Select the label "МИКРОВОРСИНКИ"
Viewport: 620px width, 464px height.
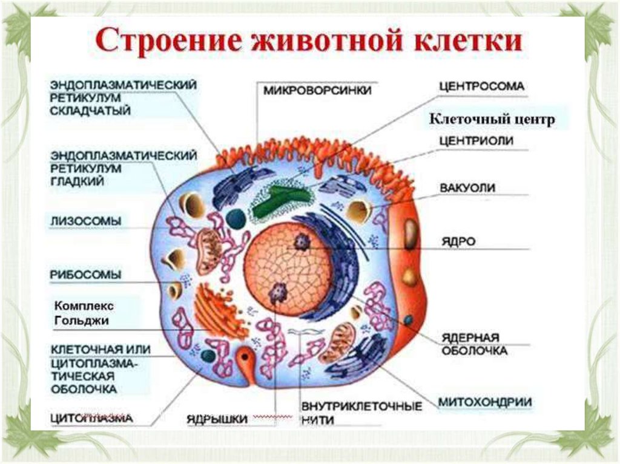click(317, 90)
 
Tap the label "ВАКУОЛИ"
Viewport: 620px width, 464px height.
click(468, 188)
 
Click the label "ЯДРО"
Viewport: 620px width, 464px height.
click(458, 241)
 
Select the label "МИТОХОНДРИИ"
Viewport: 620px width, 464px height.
click(485, 402)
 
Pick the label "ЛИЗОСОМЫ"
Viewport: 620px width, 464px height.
click(85, 221)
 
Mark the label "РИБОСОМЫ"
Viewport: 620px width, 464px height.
click(85, 275)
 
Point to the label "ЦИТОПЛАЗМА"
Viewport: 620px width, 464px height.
click(91, 418)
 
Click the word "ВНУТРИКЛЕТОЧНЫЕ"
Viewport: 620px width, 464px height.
click(361, 406)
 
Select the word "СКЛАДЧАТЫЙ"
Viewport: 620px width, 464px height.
click(91, 111)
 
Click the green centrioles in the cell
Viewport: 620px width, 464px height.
click(279, 200)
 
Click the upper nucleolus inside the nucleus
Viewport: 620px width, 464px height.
click(301, 243)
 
